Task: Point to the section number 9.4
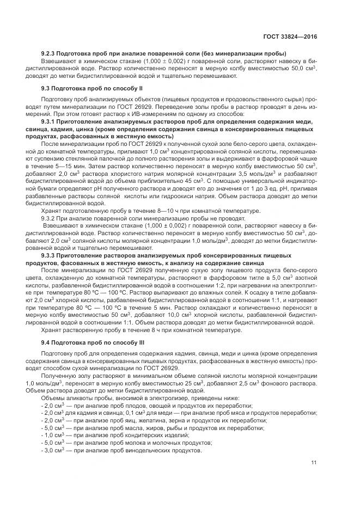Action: [46, 341]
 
